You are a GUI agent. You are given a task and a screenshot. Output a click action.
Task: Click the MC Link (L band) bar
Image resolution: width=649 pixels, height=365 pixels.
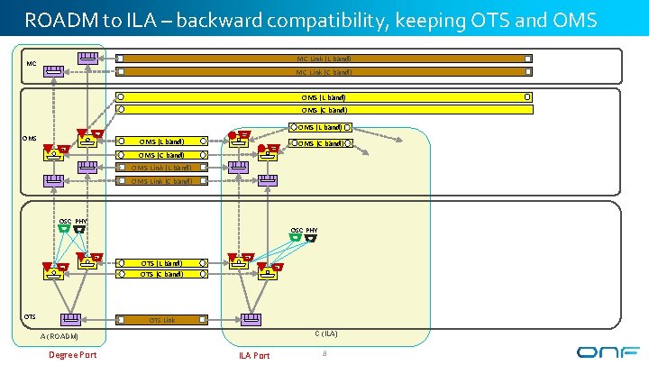tap(324, 59)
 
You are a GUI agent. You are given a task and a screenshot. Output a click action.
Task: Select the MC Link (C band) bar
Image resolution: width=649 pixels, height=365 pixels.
tap(324, 72)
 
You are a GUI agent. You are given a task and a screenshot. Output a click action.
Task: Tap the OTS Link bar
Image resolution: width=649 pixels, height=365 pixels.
tap(162, 319)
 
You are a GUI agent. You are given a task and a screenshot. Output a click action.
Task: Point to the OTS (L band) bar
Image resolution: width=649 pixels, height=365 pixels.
tap(162, 263)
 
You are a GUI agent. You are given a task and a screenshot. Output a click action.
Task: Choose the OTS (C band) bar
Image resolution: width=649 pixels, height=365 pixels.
tap(162, 274)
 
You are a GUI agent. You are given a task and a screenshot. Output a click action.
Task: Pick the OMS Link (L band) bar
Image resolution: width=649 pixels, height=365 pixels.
tap(162, 167)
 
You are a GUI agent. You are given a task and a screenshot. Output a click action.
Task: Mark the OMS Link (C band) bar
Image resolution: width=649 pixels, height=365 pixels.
tap(162, 181)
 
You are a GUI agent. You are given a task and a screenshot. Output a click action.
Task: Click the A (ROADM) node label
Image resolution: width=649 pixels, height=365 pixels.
tap(60, 337)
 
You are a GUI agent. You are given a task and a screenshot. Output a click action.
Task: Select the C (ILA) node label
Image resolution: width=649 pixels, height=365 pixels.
tap(325, 333)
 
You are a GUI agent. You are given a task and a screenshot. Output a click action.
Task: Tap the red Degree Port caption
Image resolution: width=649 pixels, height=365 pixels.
tap(73, 354)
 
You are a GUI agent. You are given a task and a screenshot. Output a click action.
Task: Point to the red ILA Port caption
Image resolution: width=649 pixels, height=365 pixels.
tap(254, 355)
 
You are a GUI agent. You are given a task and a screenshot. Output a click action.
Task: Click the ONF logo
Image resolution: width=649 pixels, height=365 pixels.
tap(608, 352)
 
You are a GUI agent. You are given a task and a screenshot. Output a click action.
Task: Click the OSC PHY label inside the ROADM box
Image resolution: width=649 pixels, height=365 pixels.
tap(73, 222)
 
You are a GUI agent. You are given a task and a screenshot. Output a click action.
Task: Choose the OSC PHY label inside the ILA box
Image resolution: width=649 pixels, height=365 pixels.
tap(304, 231)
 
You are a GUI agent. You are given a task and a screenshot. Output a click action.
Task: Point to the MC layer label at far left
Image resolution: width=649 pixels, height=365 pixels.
tap(32, 64)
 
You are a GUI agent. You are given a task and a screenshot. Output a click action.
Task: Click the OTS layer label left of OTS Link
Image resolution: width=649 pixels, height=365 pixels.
tap(30, 316)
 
